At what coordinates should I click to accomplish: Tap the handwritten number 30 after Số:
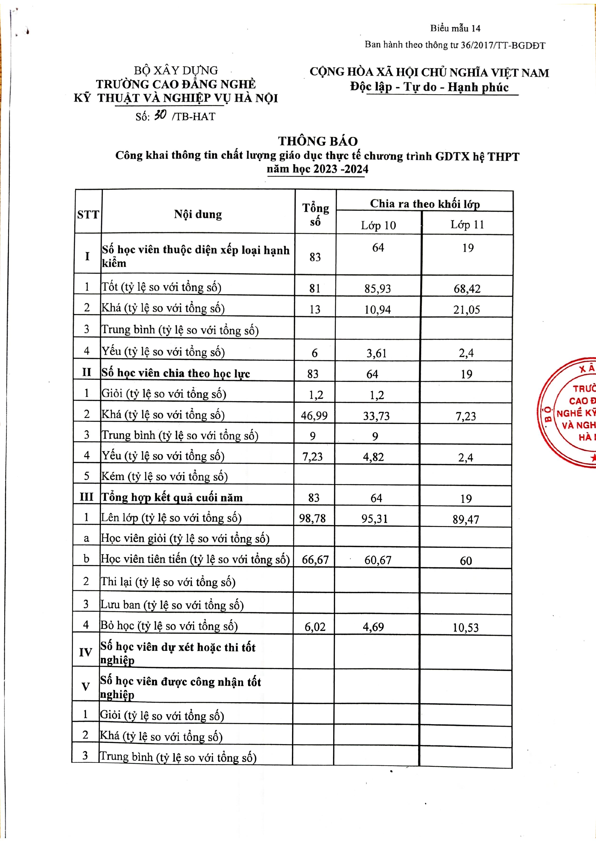coord(160,115)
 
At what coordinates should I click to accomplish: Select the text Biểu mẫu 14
coord(455,28)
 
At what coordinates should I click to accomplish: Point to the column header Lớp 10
coord(378,225)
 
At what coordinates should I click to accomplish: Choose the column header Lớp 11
coord(467,224)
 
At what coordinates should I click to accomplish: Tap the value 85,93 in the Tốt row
coord(378,289)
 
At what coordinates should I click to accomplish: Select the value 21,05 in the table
coord(467,310)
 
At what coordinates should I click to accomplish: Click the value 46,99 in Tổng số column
coord(314,415)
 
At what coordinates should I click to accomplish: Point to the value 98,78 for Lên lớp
coord(312,518)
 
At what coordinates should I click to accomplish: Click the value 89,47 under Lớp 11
coord(466,519)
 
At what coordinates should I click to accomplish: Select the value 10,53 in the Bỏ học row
coord(465,627)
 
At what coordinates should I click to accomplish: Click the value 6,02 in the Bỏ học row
coord(315,627)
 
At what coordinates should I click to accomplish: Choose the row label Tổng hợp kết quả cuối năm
coord(172,498)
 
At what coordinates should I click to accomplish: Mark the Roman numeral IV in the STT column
coord(86,652)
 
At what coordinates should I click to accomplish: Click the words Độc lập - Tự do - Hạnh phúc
coord(429,87)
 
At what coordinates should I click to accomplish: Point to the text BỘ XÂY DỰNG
coord(176,70)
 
